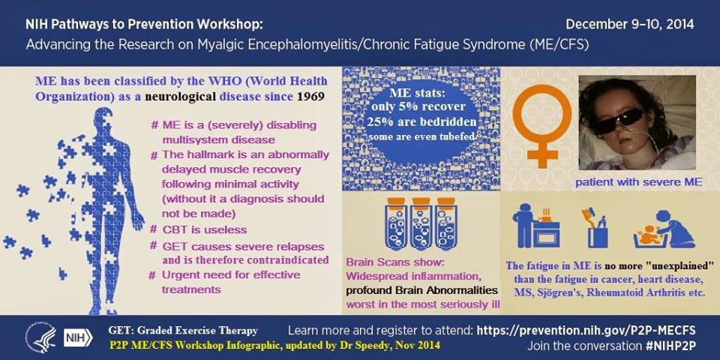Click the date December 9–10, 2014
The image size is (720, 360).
[x=629, y=23]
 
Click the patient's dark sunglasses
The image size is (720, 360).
[x=617, y=119]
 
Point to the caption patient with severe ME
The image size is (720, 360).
[x=639, y=182]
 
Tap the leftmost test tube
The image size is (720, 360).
[x=395, y=223]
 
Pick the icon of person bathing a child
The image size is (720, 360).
[x=664, y=229]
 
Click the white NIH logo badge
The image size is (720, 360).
[x=78, y=337]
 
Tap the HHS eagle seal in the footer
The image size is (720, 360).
[x=40, y=337]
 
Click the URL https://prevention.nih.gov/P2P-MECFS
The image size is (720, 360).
[x=586, y=330]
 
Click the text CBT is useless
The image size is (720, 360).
[x=204, y=229]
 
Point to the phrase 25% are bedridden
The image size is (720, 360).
[x=421, y=122]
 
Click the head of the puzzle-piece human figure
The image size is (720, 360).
[x=103, y=119]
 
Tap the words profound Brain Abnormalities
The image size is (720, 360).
[x=422, y=290]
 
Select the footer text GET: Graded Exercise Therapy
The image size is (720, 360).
[x=183, y=330]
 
